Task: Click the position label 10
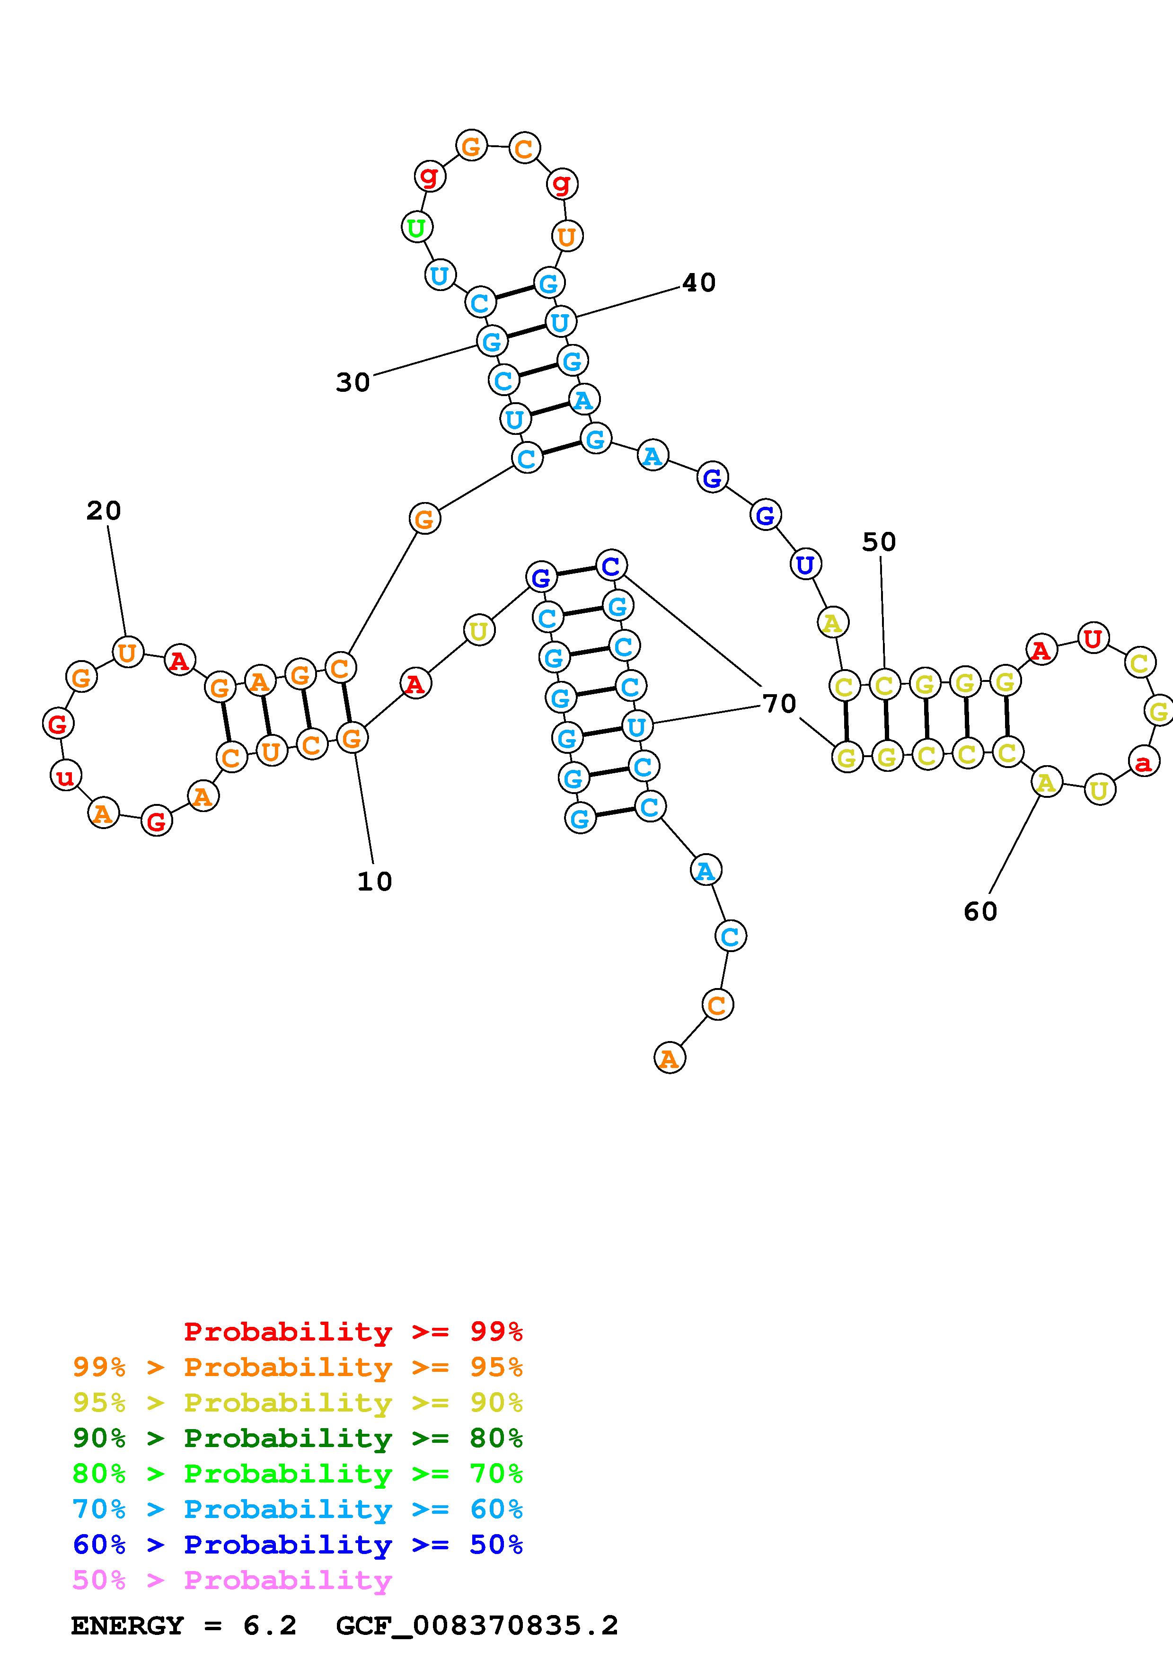click(x=374, y=881)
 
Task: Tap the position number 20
click(x=103, y=511)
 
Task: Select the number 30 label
click(x=353, y=382)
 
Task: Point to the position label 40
click(x=699, y=283)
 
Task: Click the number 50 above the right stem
click(x=879, y=542)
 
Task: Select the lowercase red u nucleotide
click(x=65, y=777)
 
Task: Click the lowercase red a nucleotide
click(x=1143, y=762)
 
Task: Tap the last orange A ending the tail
click(x=669, y=1059)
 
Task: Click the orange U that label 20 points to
click(x=127, y=653)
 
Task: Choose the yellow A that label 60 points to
click(x=1045, y=782)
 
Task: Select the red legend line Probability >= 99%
click(x=353, y=1332)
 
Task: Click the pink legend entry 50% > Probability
click(x=232, y=1581)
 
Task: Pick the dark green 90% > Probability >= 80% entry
click(x=297, y=1438)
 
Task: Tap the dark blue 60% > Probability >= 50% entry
click(x=297, y=1545)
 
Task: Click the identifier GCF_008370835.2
click(x=477, y=1626)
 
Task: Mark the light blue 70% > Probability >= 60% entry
click(x=297, y=1510)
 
